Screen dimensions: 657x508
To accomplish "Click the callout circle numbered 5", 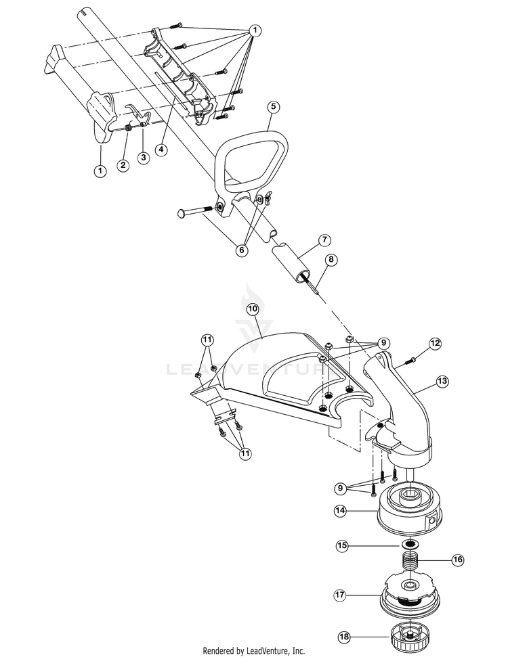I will tap(273, 106).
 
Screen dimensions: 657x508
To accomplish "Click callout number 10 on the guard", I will tap(251, 308).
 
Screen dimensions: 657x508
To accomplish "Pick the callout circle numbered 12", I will tap(435, 344).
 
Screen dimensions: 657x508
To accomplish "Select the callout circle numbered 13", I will tap(442, 382).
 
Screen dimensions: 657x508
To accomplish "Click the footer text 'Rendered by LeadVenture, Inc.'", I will tap(254, 650).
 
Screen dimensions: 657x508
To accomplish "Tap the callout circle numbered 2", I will tap(123, 164).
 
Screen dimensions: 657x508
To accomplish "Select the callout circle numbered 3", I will tap(143, 157).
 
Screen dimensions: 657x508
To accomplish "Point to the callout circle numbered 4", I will tap(162, 150).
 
